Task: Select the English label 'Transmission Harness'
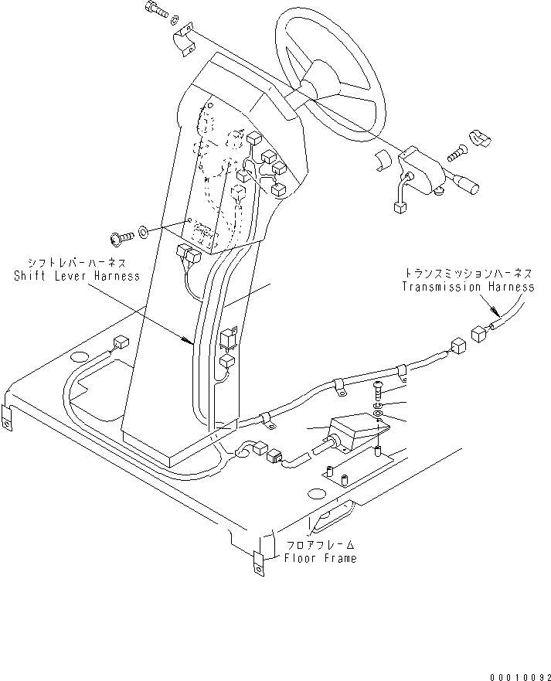pyautogui.click(x=468, y=287)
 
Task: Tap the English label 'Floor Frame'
pyautogui.click(x=320, y=558)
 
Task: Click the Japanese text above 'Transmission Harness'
pyautogui.click(x=468, y=274)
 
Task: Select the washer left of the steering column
pyautogui.click(x=145, y=230)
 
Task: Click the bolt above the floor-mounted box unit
pyautogui.click(x=378, y=389)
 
